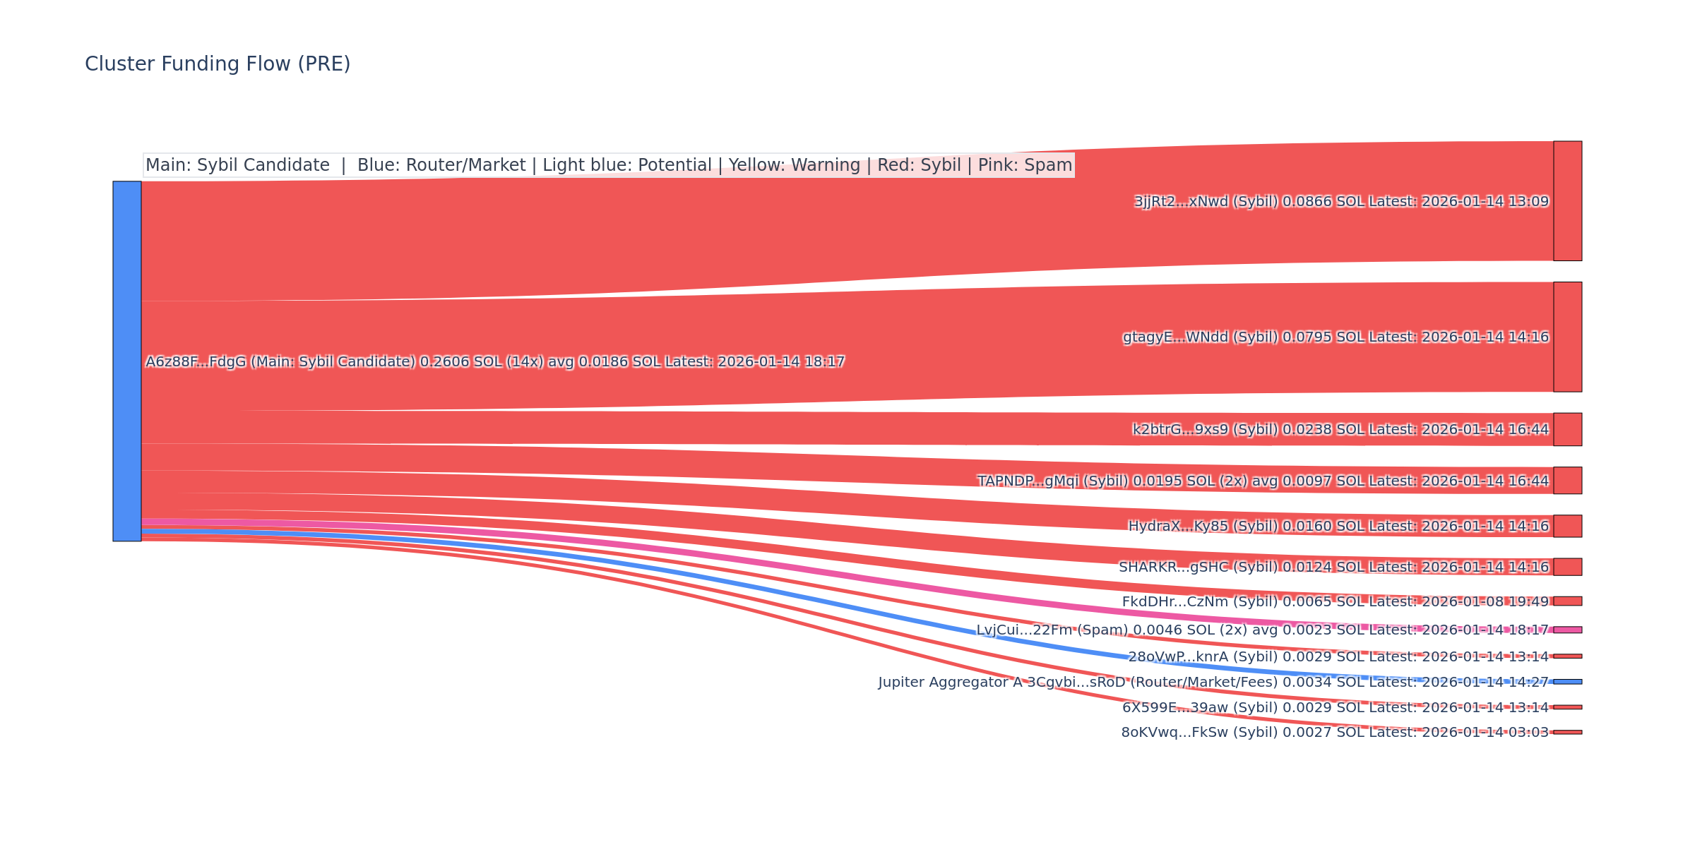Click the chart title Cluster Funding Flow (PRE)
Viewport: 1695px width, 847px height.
(x=218, y=64)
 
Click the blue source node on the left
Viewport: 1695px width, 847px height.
(x=127, y=361)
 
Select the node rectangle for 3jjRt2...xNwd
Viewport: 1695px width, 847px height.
(x=1567, y=201)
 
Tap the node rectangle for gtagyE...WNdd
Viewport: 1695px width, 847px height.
(x=1567, y=337)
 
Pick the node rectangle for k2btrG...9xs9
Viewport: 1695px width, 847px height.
(x=1567, y=429)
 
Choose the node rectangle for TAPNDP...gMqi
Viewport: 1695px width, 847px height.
(x=1567, y=480)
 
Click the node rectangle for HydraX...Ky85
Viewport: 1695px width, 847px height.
(x=1567, y=526)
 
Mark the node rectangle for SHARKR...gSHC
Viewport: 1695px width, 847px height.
(x=1567, y=567)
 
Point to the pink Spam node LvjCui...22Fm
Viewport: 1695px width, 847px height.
(x=1567, y=630)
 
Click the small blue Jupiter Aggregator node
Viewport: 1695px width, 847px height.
(x=1567, y=682)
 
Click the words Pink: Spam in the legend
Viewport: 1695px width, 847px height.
(x=1025, y=165)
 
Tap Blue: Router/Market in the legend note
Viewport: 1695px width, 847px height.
(x=441, y=165)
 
